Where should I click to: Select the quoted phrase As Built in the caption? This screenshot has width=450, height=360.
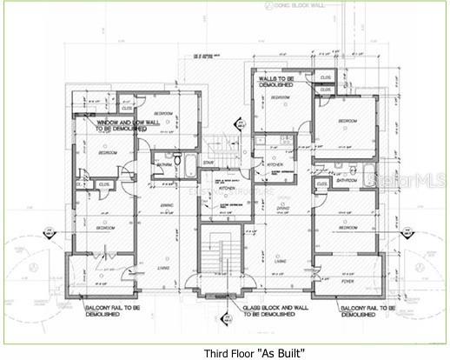pyautogui.click(x=281, y=353)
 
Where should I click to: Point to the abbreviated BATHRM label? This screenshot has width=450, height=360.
pyautogui.click(x=165, y=164)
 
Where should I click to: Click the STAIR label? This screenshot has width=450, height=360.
pyautogui.click(x=208, y=163)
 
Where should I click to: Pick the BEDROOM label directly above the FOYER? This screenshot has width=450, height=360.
pyautogui.click(x=346, y=227)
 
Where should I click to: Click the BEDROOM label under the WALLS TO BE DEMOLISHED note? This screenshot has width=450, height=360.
pyautogui.click(x=280, y=97)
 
